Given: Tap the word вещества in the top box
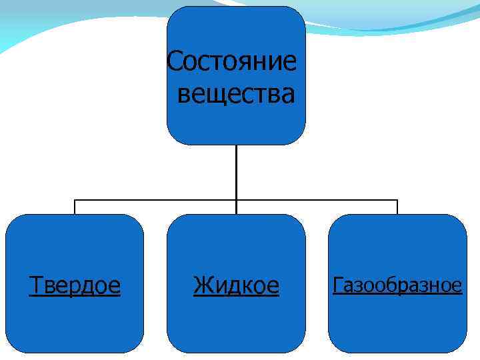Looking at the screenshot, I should tap(235, 94).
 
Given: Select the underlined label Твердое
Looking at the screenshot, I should tap(75, 286).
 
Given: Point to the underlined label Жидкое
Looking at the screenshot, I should tap(236, 286).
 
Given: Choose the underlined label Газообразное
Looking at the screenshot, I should tap(397, 286).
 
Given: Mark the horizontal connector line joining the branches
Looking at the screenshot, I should tap(153, 199).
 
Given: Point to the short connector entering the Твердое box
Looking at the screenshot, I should tap(75, 207).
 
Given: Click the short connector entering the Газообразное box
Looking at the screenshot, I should tap(397, 207).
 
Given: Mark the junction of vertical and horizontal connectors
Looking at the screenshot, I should tap(236, 199).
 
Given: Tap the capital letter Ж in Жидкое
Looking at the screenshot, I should tap(202, 286).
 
